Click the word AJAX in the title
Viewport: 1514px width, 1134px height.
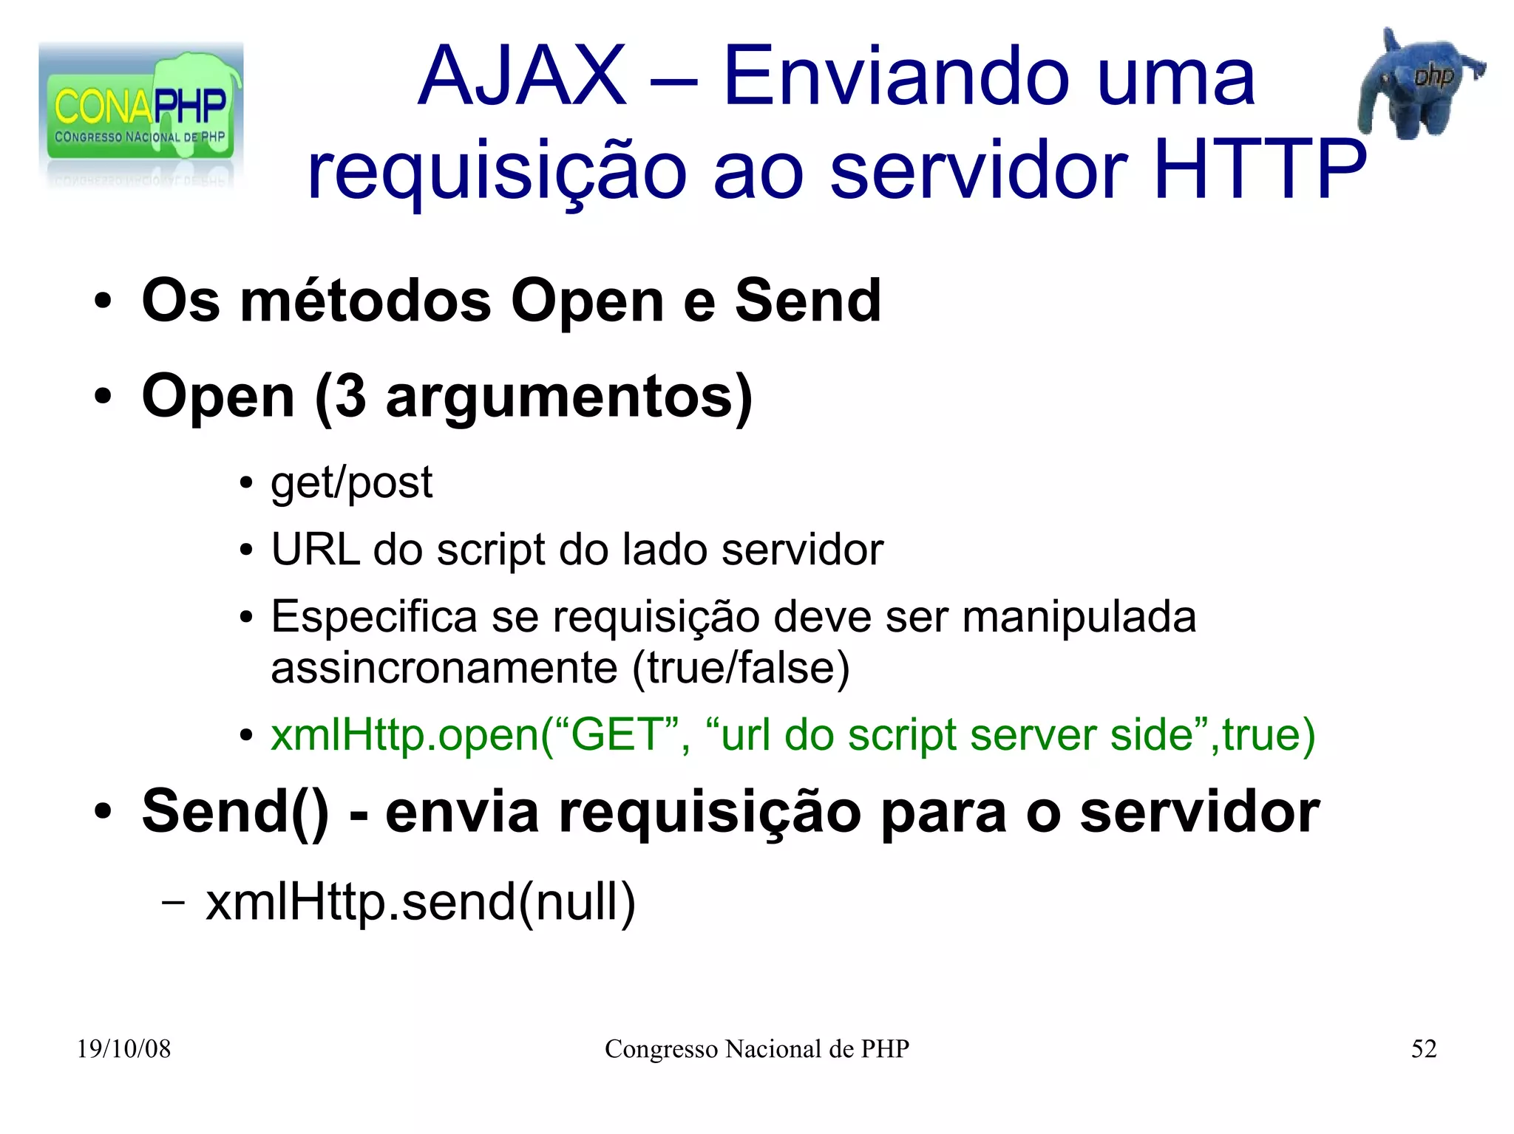click(522, 77)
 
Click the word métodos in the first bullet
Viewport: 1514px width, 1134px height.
click(366, 301)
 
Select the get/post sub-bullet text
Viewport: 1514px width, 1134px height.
click(351, 484)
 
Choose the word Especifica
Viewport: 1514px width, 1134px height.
click(374, 617)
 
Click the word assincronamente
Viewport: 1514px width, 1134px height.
click(444, 668)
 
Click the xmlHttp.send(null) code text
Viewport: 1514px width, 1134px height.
click(420, 902)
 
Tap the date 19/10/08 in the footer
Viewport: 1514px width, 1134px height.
click(123, 1049)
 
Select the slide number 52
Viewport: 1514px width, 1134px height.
click(1423, 1049)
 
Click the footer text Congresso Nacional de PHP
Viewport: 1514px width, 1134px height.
click(756, 1049)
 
